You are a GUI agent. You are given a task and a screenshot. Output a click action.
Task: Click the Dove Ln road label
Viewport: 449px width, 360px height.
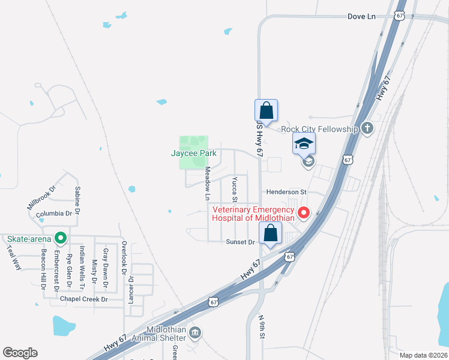pos(361,16)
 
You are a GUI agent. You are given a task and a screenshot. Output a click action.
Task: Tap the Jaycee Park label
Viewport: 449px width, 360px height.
pos(193,154)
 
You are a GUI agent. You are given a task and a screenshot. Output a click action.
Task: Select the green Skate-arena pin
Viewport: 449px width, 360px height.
pos(60,238)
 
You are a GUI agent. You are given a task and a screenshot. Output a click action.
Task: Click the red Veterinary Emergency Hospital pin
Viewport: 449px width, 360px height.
pos(304,212)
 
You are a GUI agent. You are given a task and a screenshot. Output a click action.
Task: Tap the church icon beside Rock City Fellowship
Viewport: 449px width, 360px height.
pos(367,128)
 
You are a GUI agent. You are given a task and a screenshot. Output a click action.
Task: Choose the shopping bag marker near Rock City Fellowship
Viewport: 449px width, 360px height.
pos(266,111)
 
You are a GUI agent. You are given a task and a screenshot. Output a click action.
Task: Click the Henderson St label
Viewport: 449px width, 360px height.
pos(287,192)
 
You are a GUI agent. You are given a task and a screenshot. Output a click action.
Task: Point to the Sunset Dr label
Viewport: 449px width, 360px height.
pos(241,242)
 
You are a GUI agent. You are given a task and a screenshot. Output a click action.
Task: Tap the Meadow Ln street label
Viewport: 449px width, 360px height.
pos(208,184)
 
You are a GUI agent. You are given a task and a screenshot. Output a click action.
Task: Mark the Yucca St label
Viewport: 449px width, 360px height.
pos(235,190)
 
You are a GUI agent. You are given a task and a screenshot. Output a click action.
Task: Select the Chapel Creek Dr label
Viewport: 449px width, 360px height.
pos(83,299)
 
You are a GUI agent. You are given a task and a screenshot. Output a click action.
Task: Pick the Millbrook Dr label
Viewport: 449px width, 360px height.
pos(41,196)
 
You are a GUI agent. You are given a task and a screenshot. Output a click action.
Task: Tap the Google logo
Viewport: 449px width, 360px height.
pos(20,353)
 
